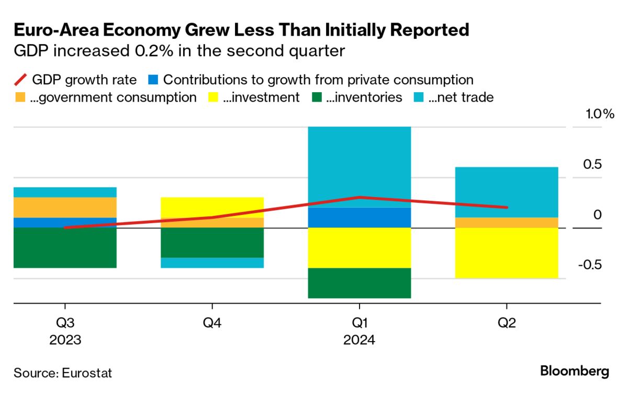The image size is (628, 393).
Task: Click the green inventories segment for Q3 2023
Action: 65,248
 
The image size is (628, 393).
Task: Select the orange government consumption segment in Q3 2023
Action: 65,208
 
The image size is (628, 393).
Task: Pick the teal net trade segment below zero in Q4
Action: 212,263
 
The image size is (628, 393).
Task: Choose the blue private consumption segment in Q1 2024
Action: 359,217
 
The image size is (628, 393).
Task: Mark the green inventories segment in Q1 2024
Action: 359,283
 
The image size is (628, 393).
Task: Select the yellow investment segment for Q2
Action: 507,253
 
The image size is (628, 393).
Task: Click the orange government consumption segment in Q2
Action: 507,223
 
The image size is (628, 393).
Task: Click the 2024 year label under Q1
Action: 359,340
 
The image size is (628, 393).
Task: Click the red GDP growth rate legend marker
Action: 20,80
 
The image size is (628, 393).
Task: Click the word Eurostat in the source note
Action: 87,373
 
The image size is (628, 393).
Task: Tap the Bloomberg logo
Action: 574,372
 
